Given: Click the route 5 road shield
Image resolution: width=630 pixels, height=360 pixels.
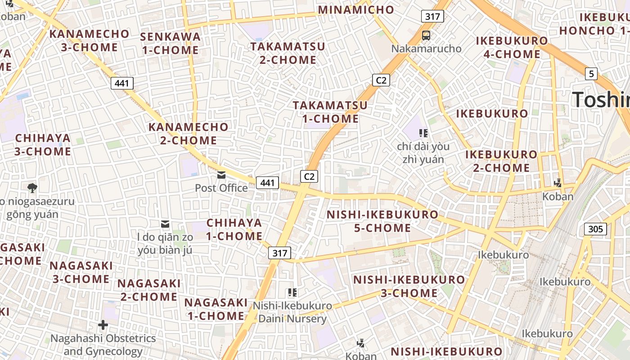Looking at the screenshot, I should [x=591, y=73].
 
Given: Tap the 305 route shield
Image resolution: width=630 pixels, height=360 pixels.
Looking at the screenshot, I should [x=595, y=229].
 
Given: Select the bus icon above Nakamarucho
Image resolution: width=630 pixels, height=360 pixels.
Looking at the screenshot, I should [x=426, y=35].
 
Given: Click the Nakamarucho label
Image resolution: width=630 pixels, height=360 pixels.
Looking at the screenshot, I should [x=426, y=49].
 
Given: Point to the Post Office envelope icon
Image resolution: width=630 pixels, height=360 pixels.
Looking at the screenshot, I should [x=221, y=175].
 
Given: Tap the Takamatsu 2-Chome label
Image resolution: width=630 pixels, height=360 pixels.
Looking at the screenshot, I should [x=288, y=53].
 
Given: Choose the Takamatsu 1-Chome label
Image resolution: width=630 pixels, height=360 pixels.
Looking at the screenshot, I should [x=330, y=112].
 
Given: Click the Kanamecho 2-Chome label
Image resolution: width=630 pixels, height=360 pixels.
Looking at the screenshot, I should [x=189, y=134].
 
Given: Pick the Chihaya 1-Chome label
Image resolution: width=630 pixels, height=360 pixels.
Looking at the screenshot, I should [x=234, y=229].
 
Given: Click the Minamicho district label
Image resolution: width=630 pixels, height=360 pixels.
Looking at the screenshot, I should [x=356, y=10].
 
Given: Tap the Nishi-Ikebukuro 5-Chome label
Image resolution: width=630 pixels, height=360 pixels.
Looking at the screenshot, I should [x=382, y=221].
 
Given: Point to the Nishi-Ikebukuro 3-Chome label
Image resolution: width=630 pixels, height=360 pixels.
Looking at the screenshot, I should [x=409, y=286].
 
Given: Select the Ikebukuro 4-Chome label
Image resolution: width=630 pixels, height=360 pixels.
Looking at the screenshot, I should [x=512, y=47].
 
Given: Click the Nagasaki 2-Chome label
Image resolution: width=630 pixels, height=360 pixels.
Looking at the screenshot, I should [x=149, y=290].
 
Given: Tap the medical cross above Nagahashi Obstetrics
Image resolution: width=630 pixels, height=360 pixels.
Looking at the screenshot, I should [x=103, y=324].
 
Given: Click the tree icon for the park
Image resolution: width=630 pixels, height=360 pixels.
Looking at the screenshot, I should [x=32, y=188].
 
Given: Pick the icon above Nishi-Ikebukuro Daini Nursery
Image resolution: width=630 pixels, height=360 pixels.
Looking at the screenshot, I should [x=292, y=292].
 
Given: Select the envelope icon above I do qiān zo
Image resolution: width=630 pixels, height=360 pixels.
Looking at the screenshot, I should [x=165, y=224].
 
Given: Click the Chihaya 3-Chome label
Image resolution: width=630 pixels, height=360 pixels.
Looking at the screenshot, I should [x=43, y=144].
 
